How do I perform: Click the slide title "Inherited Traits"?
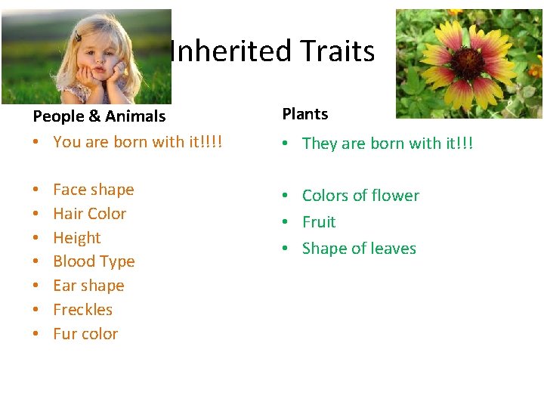[272, 51]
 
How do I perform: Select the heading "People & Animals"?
[99, 116]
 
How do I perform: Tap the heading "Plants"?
[305, 114]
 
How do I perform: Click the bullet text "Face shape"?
[93, 190]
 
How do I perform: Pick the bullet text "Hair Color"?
[89, 214]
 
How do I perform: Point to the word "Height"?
[76, 238]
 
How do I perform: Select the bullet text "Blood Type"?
[94, 261]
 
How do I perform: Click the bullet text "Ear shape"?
[88, 286]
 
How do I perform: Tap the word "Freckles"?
[82, 310]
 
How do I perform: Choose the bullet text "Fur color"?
[85, 334]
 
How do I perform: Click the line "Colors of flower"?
[360, 196]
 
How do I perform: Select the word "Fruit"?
[319, 222]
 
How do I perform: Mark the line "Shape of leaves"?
[359, 249]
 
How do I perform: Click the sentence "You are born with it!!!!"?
[138, 142]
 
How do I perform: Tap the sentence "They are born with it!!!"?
[387, 144]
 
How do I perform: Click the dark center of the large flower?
[468, 65]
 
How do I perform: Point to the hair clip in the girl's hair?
[78, 38]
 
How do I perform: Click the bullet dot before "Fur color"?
[36, 334]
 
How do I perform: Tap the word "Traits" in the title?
[337, 51]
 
